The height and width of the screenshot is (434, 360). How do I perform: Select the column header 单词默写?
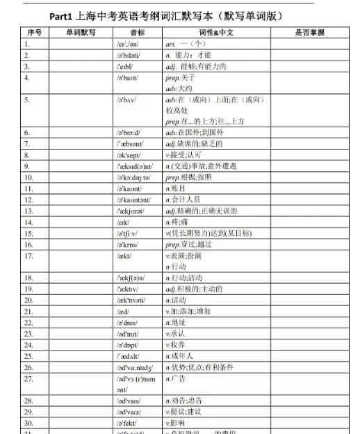click(x=81, y=33)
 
